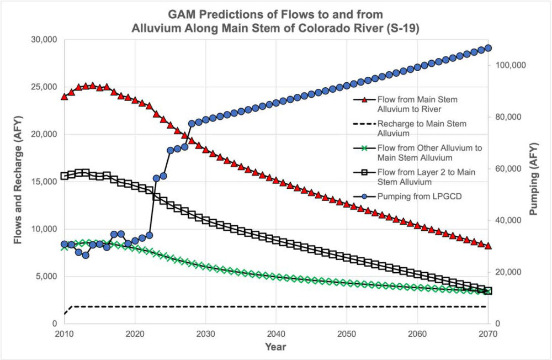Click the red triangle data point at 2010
[x=65, y=96]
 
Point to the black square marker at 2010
[x=65, y=176]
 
